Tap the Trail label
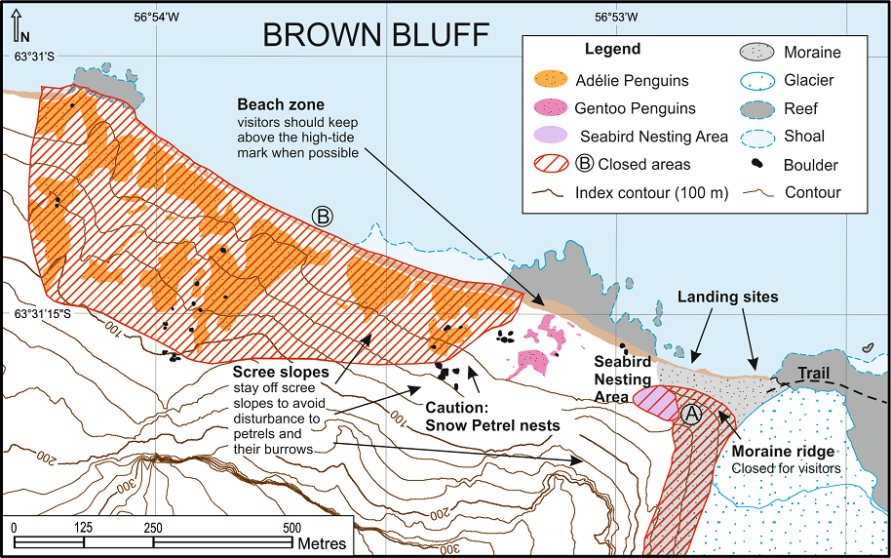coord(815,372)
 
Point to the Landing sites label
coord(727,297)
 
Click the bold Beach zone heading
coord(281,103)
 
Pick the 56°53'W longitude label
coord(616,17)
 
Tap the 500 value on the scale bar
coord(291,528)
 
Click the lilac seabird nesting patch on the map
coord(655,402)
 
